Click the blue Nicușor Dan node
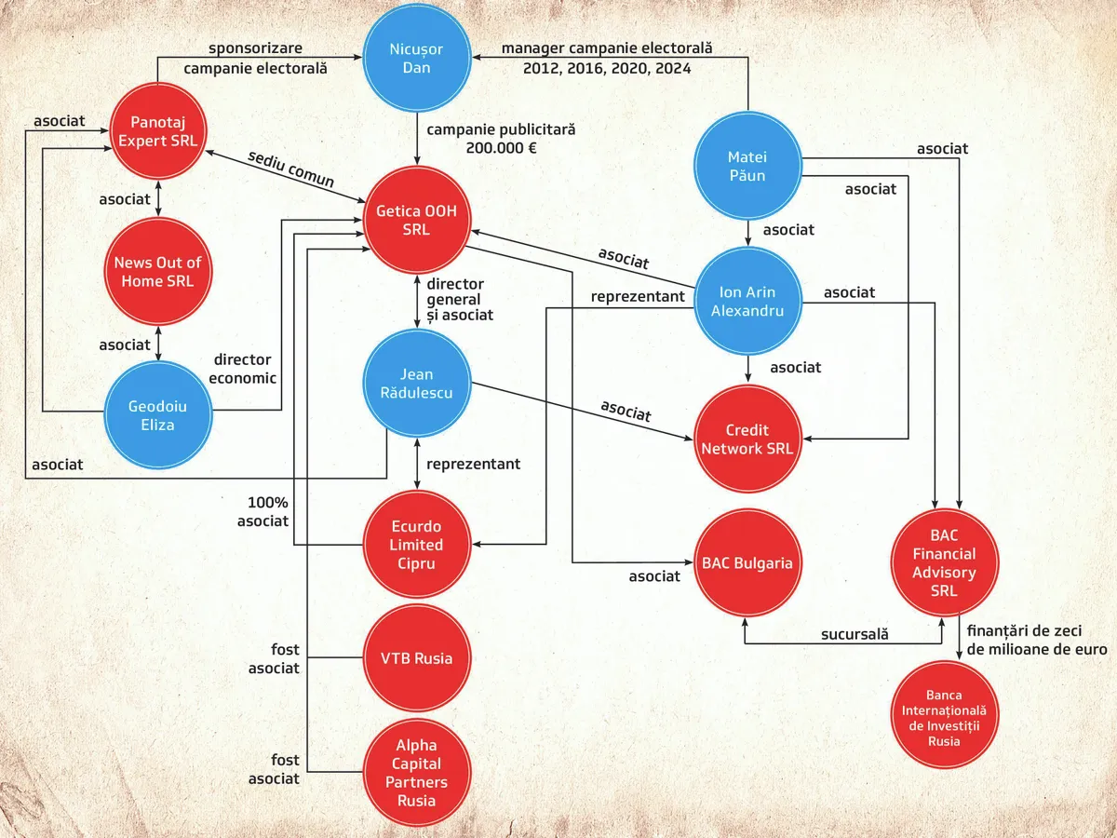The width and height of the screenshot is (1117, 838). pos(417,59)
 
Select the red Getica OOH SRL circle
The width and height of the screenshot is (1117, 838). pos(416,221)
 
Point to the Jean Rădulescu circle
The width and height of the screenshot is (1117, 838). pos(417,385)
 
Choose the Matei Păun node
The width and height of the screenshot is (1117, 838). pos(748,166)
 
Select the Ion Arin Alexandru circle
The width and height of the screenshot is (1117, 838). pos(748,301)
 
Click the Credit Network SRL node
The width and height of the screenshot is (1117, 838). pos(748,439)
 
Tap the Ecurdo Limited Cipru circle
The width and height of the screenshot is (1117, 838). pos(416,545)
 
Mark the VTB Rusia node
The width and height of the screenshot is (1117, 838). pos(416,658)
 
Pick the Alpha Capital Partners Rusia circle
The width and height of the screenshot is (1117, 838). pos(416,773)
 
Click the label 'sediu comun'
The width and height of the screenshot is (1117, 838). pos(290,169)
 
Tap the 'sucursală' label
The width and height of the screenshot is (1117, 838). pos(855,634)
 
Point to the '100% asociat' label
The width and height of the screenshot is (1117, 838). pos(263,511)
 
